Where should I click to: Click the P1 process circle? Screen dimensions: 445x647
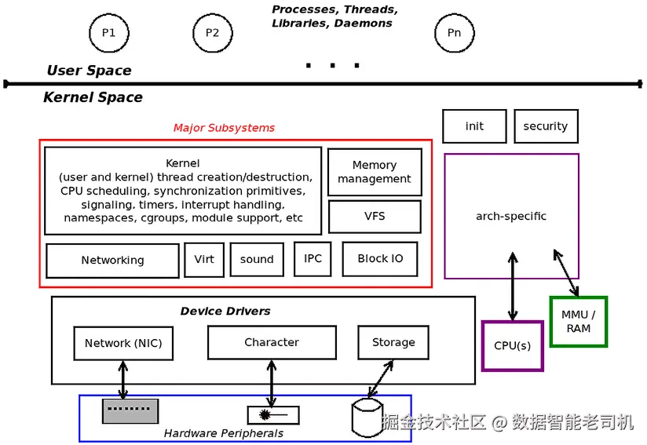[x=108, y=33]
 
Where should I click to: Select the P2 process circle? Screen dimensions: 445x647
[x=213, y=33]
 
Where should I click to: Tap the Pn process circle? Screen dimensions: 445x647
[x=454, y=33]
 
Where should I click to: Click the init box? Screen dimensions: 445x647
[x=474, y=126]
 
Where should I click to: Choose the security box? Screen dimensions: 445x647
[x=546, y=126]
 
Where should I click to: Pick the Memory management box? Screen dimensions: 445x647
[x=375, y=172]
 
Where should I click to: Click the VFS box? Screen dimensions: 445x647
[x=375, y=217]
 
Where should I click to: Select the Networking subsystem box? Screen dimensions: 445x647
[x=112, y=261]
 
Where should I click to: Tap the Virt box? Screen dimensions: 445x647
[x=204, y=260]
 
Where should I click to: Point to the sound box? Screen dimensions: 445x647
[x=257, y=260]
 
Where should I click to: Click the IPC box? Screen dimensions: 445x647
[x=313, y=259]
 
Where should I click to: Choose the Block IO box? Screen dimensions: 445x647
[x=380, y=259]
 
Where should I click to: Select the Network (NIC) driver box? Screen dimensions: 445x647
[x=123, y=344]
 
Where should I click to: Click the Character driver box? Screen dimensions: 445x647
[x=272, y=343]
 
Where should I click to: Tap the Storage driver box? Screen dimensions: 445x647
[x=393, y=343]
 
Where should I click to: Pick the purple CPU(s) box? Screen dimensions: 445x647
[x=512, y=346]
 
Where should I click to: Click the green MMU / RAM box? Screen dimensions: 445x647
[x=579, y=322]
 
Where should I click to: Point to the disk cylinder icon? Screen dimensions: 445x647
[x=367, y=418]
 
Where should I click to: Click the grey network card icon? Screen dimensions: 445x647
[x=130, y=410]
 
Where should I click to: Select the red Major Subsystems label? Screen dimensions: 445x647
[x=224, y=128]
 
